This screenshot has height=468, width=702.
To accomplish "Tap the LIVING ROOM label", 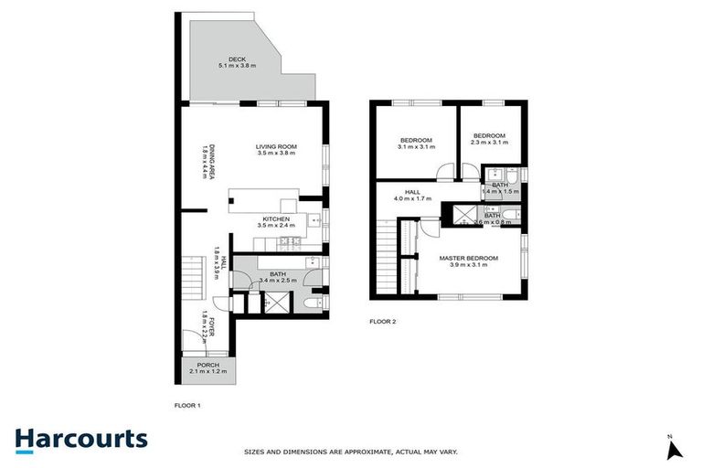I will point(276,146).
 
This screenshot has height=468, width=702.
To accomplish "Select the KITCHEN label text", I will point(276,219).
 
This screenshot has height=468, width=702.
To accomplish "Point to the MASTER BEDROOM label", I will point(468,259).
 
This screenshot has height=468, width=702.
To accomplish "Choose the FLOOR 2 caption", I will point(382,322).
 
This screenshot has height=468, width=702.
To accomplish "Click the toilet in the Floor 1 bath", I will point(312,303).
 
